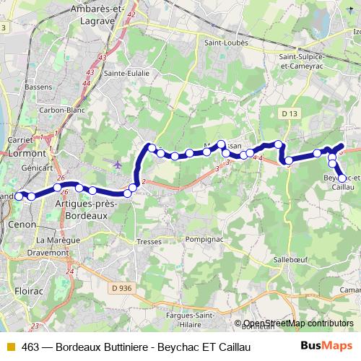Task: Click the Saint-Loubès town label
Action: point(226,43)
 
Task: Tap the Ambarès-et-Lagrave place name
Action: point(98,14)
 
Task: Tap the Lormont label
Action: point(26,153)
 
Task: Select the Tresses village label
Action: point(149,242)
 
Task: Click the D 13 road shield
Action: point(290,113)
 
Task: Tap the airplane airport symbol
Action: point(118,164)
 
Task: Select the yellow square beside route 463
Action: point(11,347)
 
